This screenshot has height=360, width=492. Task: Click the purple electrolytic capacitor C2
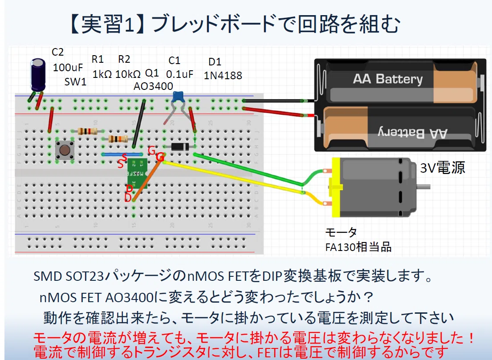pos(38,75)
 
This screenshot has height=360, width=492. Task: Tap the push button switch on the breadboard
pos(65,150)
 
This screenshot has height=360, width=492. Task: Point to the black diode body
pos(180,146)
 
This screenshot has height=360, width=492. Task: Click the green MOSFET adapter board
pos(137,174)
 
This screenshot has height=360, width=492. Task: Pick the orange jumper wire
pos(147,178)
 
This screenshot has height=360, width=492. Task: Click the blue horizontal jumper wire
pos(122,154)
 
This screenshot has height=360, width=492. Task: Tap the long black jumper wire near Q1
pos(139,124)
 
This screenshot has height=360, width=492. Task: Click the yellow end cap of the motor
pos(335,187)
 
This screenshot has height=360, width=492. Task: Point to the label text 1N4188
pos(223,76)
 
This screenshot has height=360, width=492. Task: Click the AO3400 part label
pos(153,86)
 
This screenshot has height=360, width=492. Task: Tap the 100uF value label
pos(68,68)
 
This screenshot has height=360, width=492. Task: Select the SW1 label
pos(75,82)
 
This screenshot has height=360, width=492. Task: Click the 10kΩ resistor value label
pos(128,74)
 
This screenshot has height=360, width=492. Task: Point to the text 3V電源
pos(443,168)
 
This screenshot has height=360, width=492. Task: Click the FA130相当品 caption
pos(358,247)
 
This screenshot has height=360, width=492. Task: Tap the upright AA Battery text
pos(388,79)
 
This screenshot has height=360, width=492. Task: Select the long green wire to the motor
pos(248,170)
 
